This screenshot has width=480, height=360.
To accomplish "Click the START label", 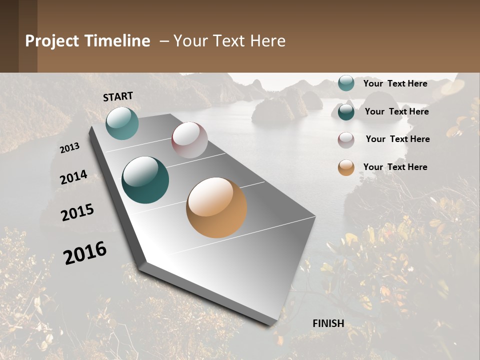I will point(118,96).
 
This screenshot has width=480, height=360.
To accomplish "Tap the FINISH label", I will point(328,323).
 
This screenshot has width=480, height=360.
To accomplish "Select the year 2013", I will point(69,148).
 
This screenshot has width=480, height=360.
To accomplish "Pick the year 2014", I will point(73,177).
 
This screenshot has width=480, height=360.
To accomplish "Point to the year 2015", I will point(77,212).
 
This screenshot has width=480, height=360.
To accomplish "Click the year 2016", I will point(85,252).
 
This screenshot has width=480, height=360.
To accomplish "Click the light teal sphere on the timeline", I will point(122,123).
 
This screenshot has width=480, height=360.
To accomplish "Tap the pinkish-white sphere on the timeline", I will point(189,140).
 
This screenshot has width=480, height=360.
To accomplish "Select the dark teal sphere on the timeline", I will point(145,180).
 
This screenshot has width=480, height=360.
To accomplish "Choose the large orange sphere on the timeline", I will point(216,207).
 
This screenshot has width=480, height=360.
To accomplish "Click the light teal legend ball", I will point(346,83).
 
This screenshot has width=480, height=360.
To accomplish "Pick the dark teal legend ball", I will point(346,111).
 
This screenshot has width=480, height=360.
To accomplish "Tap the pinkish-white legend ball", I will point(346,139).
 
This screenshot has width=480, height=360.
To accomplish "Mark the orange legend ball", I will point(346,167).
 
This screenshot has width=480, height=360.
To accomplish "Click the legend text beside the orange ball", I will point(395,167).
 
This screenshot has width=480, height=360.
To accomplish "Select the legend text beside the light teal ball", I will point(395,83).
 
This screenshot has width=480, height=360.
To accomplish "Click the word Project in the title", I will point(52,41).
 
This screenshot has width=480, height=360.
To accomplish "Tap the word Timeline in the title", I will point(117,41).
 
